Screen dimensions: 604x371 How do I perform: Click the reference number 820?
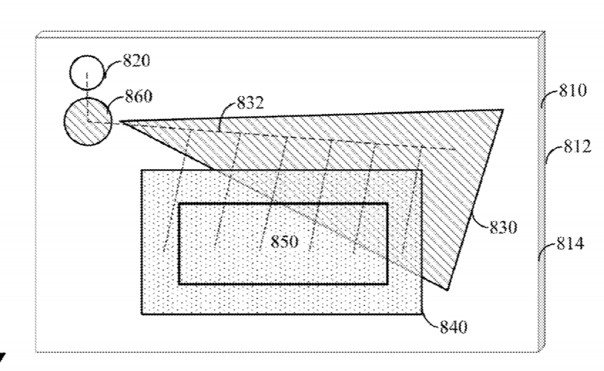point(136,61)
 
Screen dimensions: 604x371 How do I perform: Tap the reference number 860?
point(138,96)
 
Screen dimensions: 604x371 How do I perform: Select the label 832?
point(250,103)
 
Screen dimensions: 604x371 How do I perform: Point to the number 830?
point(503,227)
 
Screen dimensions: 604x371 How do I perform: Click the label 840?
point(454,327)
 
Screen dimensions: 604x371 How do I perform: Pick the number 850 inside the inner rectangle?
point(284,242)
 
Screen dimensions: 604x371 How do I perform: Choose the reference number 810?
point(573,91)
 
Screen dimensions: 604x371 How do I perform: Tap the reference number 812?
point(577,147)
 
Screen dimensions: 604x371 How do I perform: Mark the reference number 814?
point(571,244)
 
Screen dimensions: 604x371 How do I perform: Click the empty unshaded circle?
point(87,72)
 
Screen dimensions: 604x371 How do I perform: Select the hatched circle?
point(88,121)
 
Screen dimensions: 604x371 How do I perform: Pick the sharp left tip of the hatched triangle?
point(121,121)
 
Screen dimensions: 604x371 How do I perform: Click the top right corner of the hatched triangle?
point(503,110)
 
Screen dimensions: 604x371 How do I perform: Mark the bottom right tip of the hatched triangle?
point(447,290)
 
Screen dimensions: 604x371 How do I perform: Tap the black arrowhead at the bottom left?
point(2,358)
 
